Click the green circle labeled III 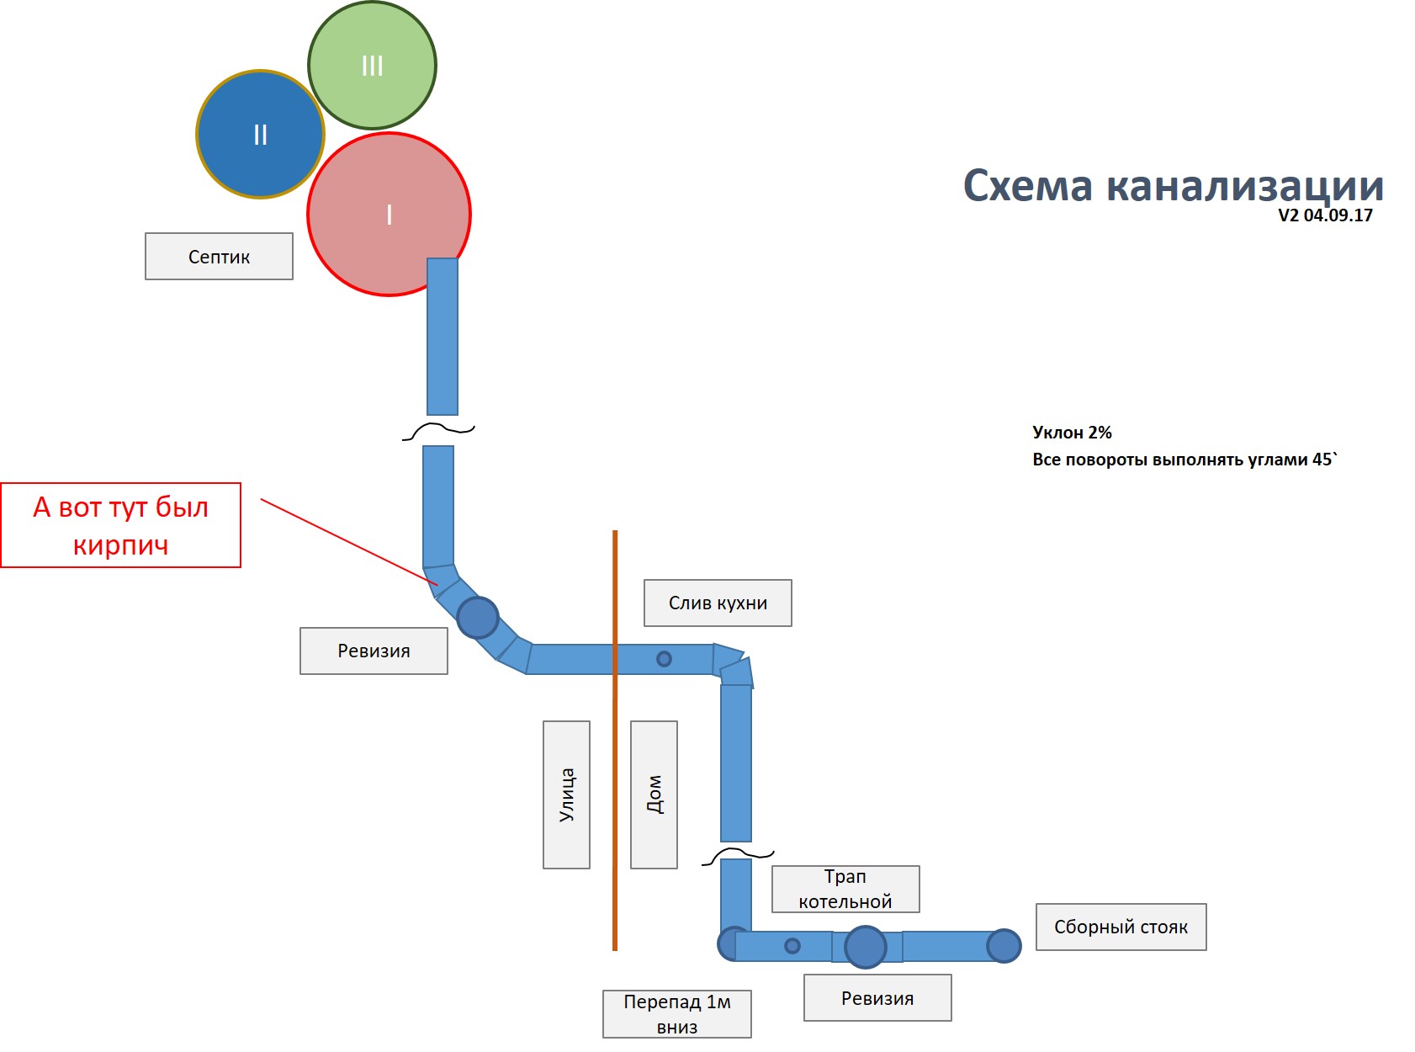coord(372,66)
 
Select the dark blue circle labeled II coord(260,135)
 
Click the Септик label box coord(219,257)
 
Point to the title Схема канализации coord(1173,185)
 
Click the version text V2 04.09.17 coord(1325,215)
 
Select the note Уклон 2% coord(1072,433)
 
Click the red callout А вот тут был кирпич coord(121,525)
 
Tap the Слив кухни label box coord(718,603)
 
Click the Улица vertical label coord(566,794)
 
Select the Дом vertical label coord(654,794)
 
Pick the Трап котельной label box coord(845,889)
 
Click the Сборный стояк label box coord(1121,927)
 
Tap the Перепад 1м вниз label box coord(676,1014)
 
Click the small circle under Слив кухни coord(664,659)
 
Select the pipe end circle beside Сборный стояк coord(1004,946)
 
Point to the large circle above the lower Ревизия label coord(865,947)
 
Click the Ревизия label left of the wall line coord(374,651)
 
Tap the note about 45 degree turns coord(1184,460)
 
